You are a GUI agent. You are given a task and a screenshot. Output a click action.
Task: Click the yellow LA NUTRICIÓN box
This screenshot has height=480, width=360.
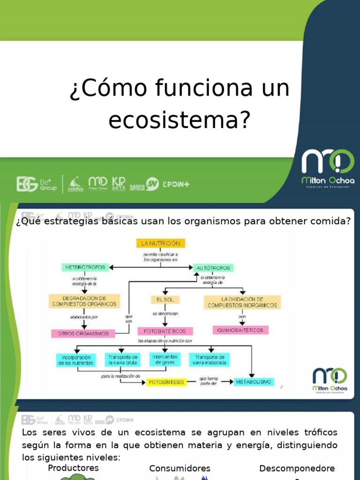pyautogui.click(x=161, y=243)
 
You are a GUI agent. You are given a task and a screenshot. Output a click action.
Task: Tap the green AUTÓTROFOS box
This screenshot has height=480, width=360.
pyautogui.click(x=213, y=268)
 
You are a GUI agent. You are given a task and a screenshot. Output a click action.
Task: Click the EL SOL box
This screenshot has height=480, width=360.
pyautogui.click(x=165, y=299)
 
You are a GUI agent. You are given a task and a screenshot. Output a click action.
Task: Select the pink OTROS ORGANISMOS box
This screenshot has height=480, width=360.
pyautogui.click(x=83, y=334)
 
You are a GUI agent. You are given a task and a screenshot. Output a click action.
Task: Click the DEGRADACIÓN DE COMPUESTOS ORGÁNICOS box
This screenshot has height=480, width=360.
pyautogui.click(x=84, y=301)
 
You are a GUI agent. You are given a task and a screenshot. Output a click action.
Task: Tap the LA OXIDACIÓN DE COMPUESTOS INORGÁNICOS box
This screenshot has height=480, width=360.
pyautogui.click(x=242, y=302)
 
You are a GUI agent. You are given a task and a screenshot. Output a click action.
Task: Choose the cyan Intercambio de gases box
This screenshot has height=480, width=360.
pyautogui.click(x=165, y=360)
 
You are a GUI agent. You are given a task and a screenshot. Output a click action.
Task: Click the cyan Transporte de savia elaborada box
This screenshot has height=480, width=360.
pyautogui.click(x=210, y=360)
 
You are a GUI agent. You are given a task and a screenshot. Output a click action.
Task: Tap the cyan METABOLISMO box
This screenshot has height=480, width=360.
pyautogui.click(x=254, y=382)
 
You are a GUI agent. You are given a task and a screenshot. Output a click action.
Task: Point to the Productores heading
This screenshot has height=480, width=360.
pyautogui.click(x=74, y=468)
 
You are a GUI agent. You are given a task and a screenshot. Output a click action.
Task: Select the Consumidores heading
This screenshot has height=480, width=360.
pyautogui.click(x=180, y=468)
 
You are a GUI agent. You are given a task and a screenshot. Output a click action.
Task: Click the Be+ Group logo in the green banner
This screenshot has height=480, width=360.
pyautogui.click(x=37, y=184)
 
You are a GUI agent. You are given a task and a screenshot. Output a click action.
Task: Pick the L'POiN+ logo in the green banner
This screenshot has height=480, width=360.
pyautogui.click(x=176, y=184)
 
